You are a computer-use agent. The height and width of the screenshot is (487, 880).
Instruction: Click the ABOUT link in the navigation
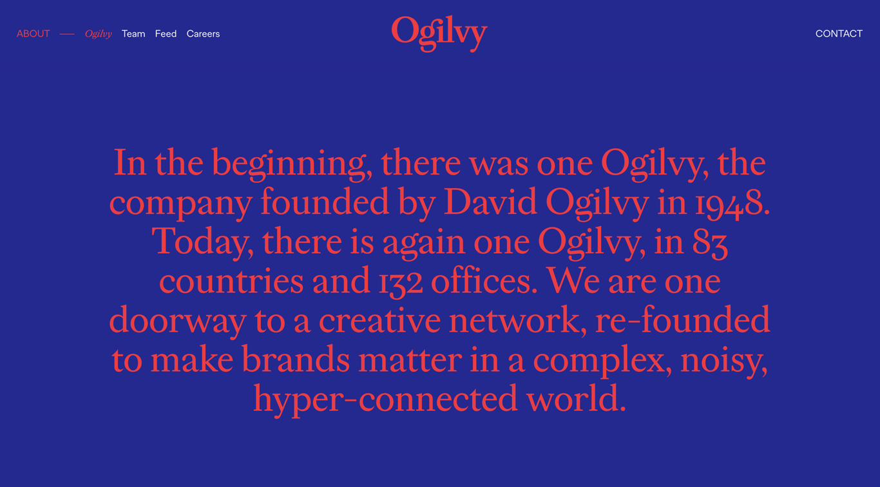coord(33,33)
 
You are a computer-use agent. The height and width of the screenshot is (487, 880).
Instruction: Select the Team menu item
coord(133,33)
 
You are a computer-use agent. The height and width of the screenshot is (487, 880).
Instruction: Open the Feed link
coord(166,33)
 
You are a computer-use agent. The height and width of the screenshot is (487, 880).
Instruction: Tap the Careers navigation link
coord(203,33)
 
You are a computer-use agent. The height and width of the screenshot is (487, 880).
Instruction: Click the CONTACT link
coord(839,33)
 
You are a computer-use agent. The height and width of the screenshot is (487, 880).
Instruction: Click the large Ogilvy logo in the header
coord(439,33)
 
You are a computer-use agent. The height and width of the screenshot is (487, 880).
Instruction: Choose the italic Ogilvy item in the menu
coord(98,34)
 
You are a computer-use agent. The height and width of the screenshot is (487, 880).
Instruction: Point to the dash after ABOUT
coord(67,34)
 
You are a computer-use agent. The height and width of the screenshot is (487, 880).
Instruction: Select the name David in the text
coord(490,202)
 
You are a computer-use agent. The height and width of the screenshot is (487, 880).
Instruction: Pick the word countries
coord(231,282)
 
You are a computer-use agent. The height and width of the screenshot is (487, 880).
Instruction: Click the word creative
coord(379,320)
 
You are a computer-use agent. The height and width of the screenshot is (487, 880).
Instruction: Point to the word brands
coord(296,359)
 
